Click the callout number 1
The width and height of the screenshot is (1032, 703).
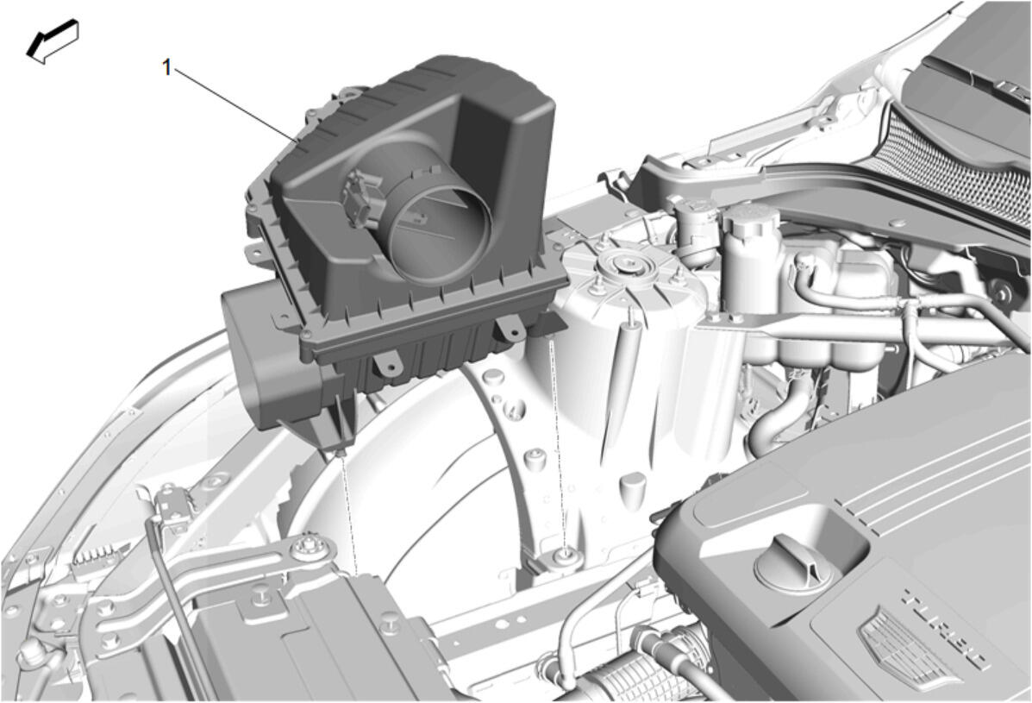coord(167,66)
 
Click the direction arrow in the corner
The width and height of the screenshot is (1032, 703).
coord(53,41)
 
